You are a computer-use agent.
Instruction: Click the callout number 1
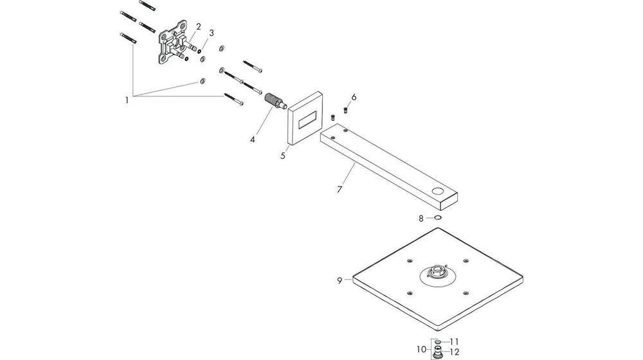tap(127, 100)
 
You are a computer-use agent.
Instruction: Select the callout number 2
tap(199, 26)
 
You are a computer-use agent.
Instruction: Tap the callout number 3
tap(212, 33)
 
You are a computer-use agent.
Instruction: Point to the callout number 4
tap(253, 139)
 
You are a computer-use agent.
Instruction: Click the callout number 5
tap(282, 155)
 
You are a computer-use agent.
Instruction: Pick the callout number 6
tap(354, 97)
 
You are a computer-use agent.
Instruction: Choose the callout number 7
tap(340, 189)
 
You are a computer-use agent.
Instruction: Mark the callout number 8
tap(421, 219)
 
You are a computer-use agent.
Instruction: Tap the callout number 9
tap(339, 280)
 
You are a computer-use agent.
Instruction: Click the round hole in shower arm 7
tap(439, 192)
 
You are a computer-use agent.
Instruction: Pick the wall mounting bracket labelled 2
tap(173, 45)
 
